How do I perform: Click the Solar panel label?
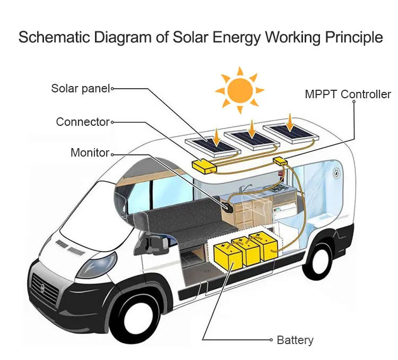pos(81,89)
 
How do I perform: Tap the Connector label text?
pos(83,122)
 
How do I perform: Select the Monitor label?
pos(90,153)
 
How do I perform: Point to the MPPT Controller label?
pos(348,95)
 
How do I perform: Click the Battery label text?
pos(295,340)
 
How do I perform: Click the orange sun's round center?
pos(240,90)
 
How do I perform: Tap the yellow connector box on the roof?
pos(204,166)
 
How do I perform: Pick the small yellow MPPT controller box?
pos(280,161)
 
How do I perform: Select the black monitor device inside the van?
pos(228,207)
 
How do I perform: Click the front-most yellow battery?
pos(228,256)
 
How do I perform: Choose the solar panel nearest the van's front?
pos(213,146)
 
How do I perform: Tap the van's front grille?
pos(44,289)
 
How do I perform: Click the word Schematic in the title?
pos(54,37)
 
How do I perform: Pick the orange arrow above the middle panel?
pos(252,130)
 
